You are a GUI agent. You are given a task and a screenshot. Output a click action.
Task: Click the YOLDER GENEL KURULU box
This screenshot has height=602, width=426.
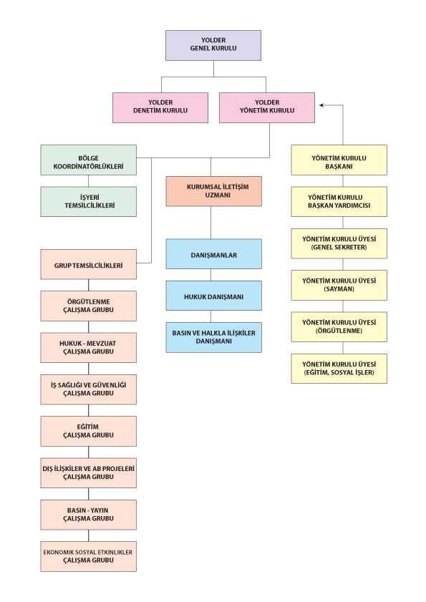tap(213, 45)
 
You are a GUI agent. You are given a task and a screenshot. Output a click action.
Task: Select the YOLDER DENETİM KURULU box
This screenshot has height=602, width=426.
tap(160, 107)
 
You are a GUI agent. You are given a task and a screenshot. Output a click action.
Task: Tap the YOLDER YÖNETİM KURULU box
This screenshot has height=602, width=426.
tap(267, 107)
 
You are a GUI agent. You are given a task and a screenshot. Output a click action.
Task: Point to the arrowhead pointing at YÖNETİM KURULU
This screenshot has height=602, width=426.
tap(321, 105)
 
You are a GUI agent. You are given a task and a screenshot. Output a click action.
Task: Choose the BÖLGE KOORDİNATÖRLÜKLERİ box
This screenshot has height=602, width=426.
tap(88, 160)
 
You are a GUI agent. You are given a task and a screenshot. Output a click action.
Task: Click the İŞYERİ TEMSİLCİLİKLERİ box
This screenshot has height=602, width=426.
tap(88, 202)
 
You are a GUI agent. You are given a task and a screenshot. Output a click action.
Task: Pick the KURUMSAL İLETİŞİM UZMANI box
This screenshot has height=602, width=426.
tap(213, 191)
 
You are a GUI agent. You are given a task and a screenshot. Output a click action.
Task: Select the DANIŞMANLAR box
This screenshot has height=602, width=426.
tap(213, 254)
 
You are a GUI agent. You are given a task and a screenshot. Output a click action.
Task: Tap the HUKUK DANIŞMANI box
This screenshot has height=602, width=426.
tap(213, 296)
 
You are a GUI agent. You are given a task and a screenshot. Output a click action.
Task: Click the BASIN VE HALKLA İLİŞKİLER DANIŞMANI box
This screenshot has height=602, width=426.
tap(213, 337)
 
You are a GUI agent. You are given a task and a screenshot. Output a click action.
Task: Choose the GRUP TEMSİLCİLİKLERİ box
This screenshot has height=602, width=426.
tap(88, 264)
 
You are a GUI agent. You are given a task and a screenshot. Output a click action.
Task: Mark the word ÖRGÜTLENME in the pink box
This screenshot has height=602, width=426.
tap(88, 302)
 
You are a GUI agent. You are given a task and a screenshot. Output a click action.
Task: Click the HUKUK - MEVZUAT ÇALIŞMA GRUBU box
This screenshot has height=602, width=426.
tap(88, 347)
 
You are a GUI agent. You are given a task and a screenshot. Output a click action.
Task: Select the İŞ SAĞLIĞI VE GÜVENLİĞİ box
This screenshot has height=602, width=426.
tap(88, 389)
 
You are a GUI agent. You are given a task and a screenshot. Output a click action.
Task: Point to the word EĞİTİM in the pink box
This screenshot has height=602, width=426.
tap(87, 427)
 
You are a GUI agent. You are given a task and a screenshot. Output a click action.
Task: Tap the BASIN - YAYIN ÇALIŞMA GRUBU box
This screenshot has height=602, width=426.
tap(88, 515)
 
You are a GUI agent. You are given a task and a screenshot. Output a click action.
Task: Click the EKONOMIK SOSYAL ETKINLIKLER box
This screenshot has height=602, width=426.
tap(88, 556)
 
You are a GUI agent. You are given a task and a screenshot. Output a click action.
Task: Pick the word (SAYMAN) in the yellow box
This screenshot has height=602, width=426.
tap(339, 289)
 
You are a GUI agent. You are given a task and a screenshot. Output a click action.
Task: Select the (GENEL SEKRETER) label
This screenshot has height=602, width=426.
tap(339, 247)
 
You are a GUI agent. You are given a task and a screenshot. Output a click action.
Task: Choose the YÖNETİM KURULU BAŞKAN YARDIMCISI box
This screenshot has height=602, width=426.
tap(339, 202)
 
